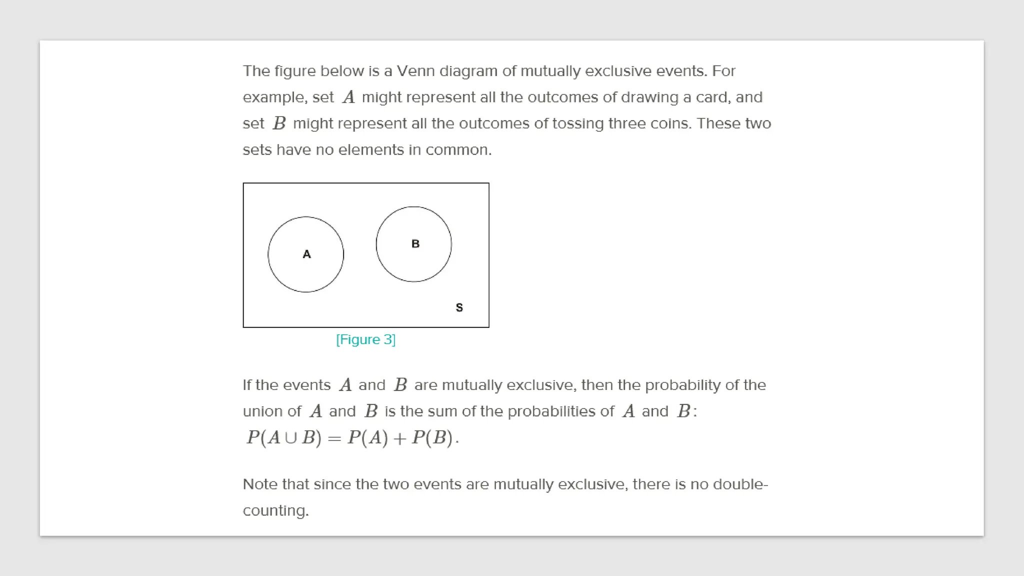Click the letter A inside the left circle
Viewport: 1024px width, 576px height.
[x=306, y=254]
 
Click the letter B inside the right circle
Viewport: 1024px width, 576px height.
[x=415, y=243]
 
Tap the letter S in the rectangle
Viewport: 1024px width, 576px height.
[x=459, y=307]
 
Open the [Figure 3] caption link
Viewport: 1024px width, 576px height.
[x=365, y=339]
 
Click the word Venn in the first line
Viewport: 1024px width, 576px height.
[x=415, y=71]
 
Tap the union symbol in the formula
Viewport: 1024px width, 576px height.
[x=290, y=438]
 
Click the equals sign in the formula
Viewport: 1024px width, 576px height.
[x=334, y=438]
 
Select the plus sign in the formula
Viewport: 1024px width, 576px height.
[x=399, y=438]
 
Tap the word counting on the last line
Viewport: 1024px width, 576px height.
[x=274, y=510]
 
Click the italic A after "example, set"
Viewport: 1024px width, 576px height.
[x=348, y=97]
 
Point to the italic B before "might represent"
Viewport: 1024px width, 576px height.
[x=279, y=123]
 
